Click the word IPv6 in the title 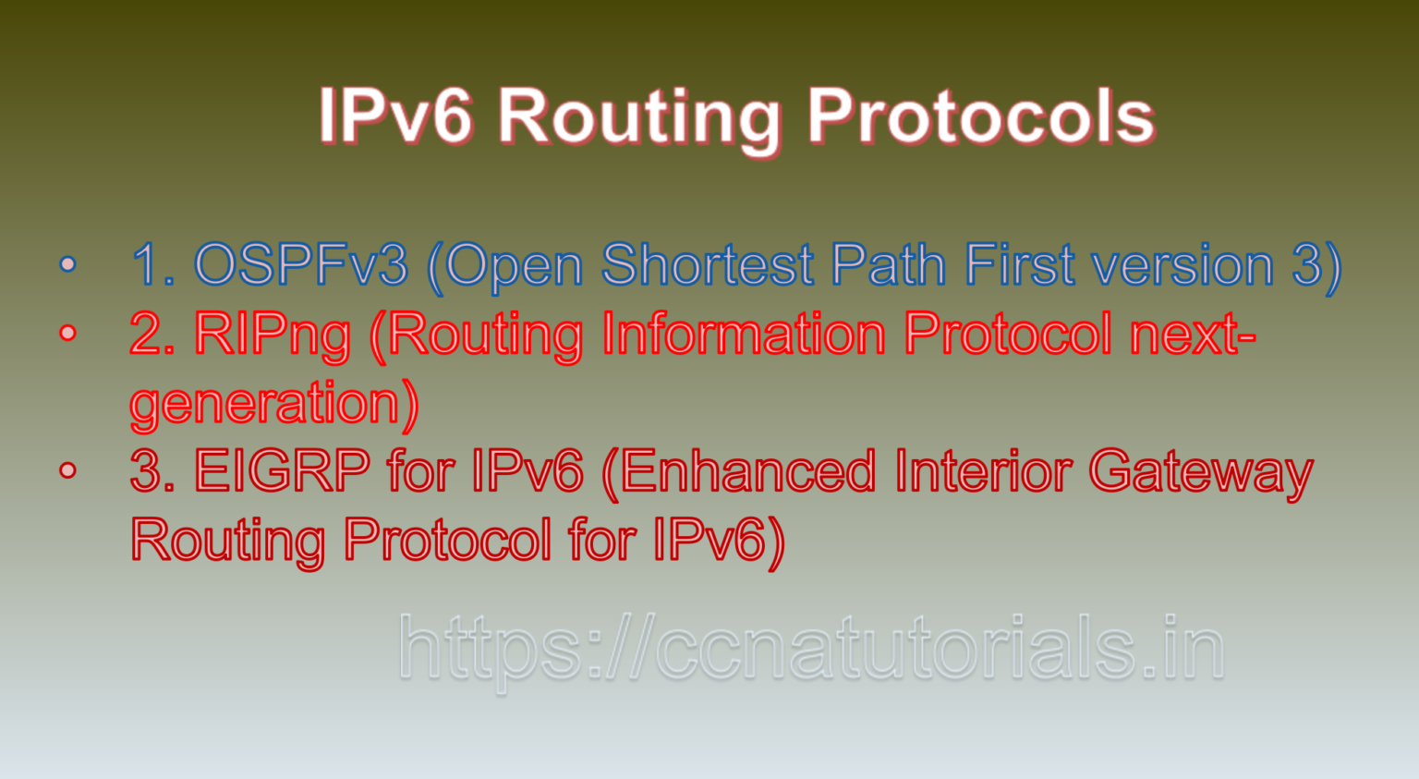[396, 117]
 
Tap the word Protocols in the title [981, 117]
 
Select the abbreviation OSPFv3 [301, 264]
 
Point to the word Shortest [707, 264]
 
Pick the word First [1019, 264]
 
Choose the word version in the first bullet [1182, 264]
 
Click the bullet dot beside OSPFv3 [67, 263]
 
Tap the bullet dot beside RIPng [67, 333]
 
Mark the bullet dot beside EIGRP [67, 470]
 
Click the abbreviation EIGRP [282, 470]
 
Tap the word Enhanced [748, 470]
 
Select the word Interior [983, 470]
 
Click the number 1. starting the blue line [152, 264]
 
